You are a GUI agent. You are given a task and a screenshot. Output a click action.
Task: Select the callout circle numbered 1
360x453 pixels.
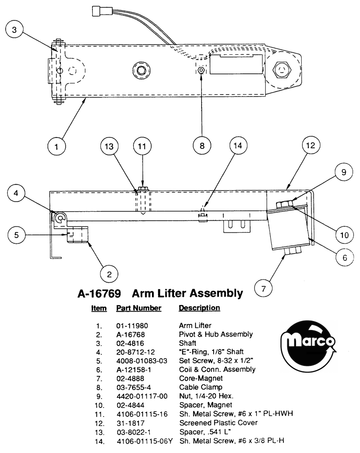tap(57, 146)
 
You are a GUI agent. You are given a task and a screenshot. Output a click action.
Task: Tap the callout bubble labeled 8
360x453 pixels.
tap(202, 146)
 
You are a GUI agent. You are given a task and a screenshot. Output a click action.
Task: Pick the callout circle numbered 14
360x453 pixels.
tap(238, 145)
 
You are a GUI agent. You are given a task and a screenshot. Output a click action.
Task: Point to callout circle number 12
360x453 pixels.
tap(311, 145)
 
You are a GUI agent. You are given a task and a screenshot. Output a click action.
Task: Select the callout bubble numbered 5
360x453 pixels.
tap(17, 234)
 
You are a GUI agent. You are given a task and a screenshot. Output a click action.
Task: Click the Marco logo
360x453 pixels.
tap(308, 347)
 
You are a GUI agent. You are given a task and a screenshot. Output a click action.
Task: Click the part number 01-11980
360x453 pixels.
tap(132, 326)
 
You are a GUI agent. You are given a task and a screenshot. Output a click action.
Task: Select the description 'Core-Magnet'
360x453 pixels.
tap(201, 378)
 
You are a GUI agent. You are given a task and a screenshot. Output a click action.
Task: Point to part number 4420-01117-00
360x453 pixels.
tap(142, 396)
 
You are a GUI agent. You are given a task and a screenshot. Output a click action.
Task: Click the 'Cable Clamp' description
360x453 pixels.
tap(201, 387)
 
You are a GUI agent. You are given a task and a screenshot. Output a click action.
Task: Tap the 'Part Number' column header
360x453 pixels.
tap(139, 308)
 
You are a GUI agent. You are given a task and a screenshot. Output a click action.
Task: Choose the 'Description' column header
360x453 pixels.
tap(199, 308)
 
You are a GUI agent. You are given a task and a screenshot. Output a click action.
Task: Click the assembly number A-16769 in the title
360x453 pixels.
tap(99, 294)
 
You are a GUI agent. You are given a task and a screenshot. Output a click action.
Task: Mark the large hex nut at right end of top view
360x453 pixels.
tap(282, 70)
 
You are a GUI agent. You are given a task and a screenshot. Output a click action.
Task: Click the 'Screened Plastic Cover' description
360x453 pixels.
tap(218, 423)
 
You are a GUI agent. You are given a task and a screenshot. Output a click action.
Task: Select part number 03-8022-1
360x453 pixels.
tap(134, 432)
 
